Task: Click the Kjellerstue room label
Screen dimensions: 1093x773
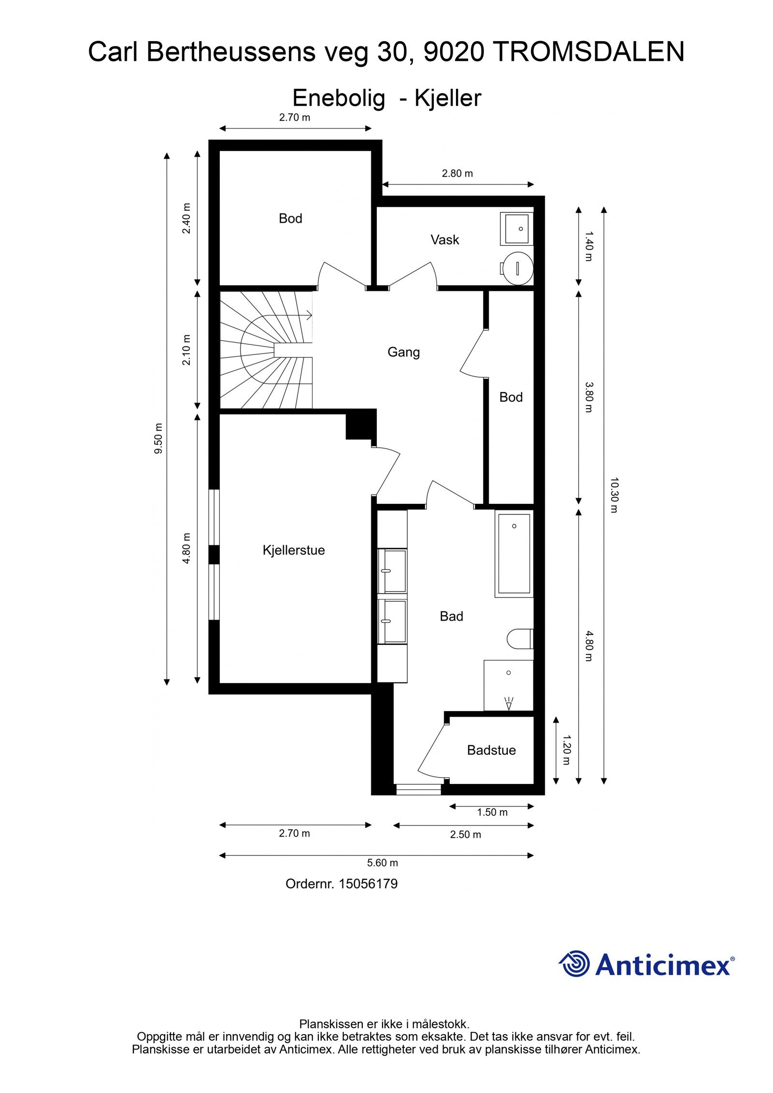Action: [x=293, y=550]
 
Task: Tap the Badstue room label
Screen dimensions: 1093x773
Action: [x=491, y=750]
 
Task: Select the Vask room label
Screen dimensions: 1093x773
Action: [x=444, y=240]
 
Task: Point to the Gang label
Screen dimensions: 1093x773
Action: [x=403, y=352]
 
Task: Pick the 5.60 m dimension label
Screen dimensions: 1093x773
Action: [x=382, y=863]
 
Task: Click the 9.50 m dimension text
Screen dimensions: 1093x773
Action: [x=158, y=438]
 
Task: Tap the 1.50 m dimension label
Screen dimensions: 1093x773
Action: [x=492, y=812]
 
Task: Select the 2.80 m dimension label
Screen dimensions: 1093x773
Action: [x=457, y=173]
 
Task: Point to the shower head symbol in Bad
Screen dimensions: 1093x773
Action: [x=508, y=703]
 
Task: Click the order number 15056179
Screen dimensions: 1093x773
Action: [x=368, y=884]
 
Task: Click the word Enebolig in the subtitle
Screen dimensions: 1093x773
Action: [x=339, y=98]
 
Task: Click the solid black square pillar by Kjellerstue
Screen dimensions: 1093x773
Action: [x=360, y=424]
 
